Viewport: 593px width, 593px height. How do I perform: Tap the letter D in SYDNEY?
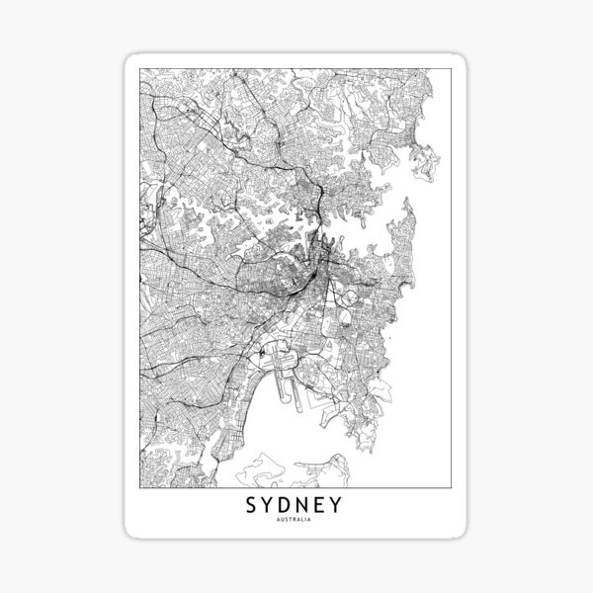click(x=288, y=506)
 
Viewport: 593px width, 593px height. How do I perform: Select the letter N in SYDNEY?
click(x=306, y=506)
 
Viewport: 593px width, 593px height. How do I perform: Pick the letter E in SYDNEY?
click(x=323, y=506)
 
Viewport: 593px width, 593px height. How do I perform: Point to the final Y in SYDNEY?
click(x=339, y=506)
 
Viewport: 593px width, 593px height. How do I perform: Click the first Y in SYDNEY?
click(x=269, y=506)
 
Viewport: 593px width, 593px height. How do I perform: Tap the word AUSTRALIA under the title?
click(x=296, y=521)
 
